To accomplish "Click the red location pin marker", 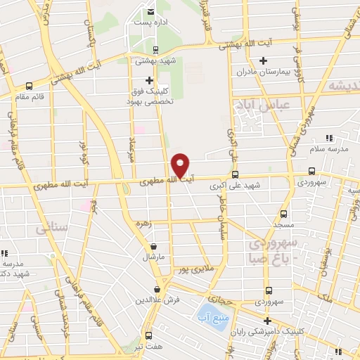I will [181, 165].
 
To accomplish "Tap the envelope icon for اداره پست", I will [151, 12].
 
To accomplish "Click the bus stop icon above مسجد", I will [283, 214].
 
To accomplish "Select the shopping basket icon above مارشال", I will [154, 246].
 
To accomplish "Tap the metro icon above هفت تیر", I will [148, 335].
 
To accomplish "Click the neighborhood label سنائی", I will [56, 229].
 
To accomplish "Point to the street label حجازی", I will [219, 298].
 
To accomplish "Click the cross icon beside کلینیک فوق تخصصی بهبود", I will [148, 80].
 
